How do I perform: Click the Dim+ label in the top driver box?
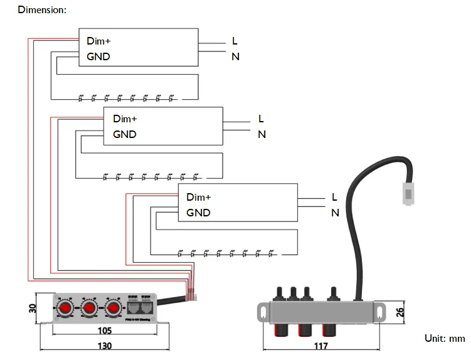click(98, 41)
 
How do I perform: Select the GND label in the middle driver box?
click(124, 134)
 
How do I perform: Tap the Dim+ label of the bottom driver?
click(198, 197)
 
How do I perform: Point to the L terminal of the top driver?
click(235, 41)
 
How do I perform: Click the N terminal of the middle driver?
click(262, 134)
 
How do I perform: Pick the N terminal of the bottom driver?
click(335, 213)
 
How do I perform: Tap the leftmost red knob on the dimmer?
click(65, 308)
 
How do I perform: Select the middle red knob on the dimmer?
click(88, 308)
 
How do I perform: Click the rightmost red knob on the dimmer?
click(112, 308)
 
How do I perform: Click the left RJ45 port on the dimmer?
click(133, 307)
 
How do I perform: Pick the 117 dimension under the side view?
click(321, 346)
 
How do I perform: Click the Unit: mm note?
click(445, 339)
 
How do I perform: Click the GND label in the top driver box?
click(98, 56)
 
